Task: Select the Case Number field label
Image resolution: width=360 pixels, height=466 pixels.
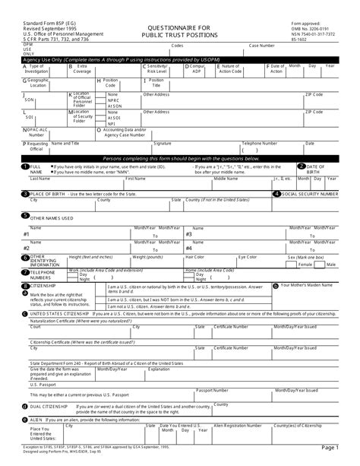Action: tap(262, 46)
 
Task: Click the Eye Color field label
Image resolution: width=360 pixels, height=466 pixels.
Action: tap(248, 257)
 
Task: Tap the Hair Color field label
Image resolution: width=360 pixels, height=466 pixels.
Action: tap(195, 257)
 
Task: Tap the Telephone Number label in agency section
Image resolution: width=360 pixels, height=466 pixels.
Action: tap(260, 142)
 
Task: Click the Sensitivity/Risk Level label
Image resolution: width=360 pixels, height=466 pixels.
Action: tap(159, 68)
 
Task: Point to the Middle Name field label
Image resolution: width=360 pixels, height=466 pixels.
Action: tap(226, 179)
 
